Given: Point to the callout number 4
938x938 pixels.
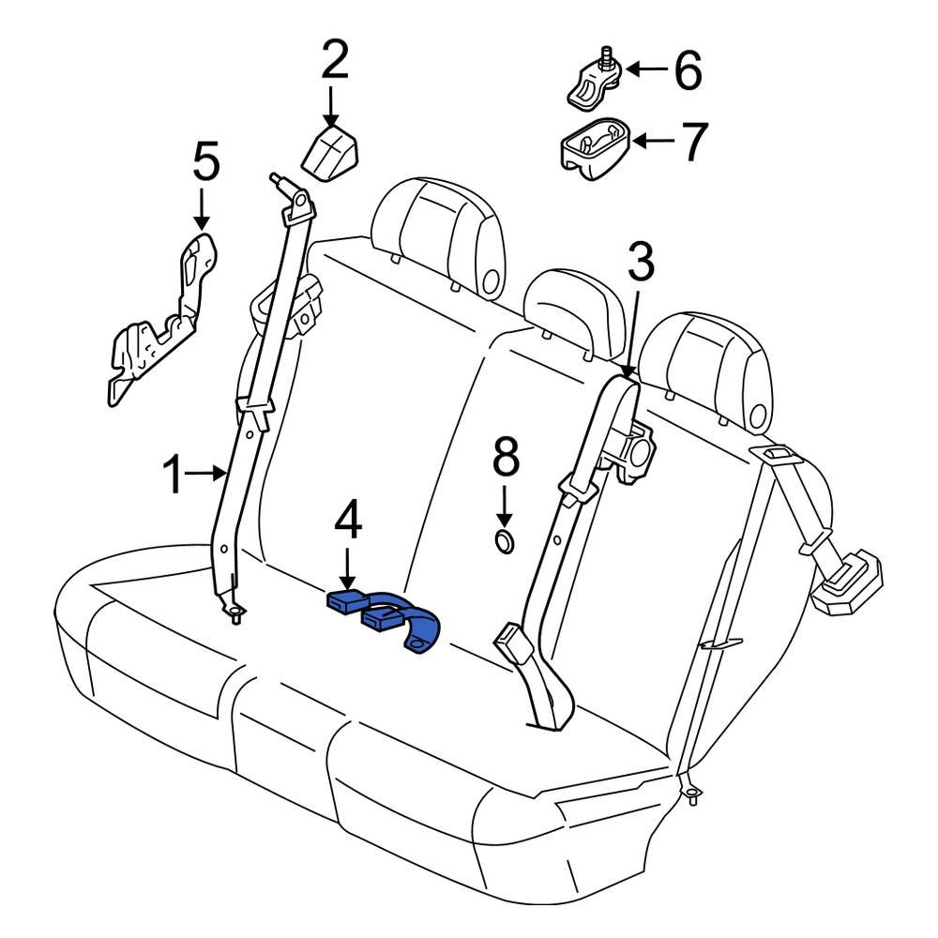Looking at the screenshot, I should [348, 522].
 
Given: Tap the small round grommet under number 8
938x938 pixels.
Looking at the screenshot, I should [505, 541].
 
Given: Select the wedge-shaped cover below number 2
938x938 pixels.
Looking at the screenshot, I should [332, 153].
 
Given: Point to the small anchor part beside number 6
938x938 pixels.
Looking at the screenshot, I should [593, 81].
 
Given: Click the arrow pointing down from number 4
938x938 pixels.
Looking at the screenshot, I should [348, 567].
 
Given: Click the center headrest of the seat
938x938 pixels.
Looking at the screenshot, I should [574, 310].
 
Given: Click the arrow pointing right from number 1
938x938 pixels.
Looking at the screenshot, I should [206, 475].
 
